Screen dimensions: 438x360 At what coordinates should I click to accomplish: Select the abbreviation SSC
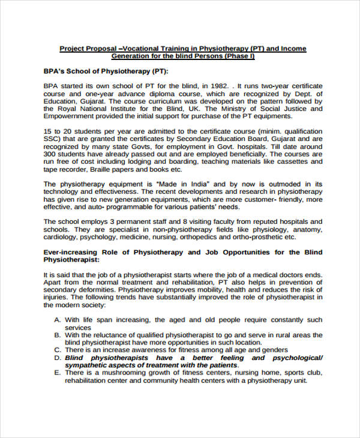(x=52, y=139)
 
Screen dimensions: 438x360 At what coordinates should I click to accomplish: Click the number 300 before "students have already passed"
(x=51, y=154)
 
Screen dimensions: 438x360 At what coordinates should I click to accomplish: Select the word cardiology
(x=65, y=237)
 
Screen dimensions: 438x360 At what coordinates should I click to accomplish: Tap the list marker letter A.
(x=57, y=320)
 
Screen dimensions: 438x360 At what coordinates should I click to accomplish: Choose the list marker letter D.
(x=57, y=358)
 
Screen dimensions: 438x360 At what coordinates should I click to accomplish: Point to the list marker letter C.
(x=57, y=350)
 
